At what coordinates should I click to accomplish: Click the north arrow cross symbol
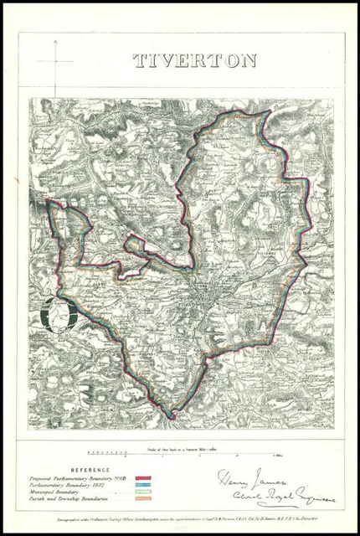coord(56,61)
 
